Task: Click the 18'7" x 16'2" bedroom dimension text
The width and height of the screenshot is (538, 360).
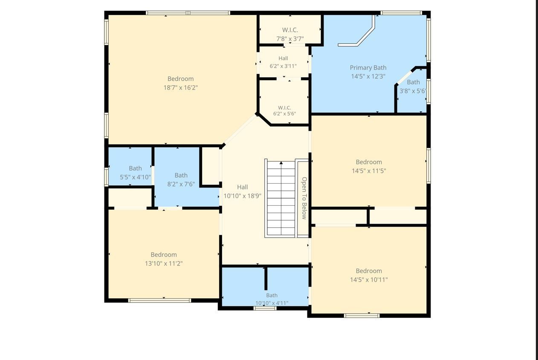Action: point(181,88)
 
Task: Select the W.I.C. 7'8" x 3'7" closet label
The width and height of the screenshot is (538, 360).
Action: point(290,35)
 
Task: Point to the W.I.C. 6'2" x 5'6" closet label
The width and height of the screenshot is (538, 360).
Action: point(285,111)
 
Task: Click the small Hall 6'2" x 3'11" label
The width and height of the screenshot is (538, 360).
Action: point(283,62)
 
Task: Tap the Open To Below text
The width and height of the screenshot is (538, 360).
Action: point(304,198)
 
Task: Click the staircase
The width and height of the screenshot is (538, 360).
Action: point(281,198)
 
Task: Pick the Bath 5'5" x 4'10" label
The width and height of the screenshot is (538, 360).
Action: point(135,173)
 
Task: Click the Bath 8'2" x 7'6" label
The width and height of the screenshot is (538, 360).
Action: point(181,180)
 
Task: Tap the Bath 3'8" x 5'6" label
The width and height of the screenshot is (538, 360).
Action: point(413,86)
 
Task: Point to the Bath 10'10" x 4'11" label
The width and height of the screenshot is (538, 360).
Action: point(272,299)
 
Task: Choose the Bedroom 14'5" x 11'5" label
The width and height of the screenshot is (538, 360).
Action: point(369,166)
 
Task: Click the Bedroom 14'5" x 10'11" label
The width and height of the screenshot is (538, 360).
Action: point(369,275)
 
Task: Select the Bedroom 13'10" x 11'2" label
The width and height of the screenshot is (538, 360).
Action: point(164,259)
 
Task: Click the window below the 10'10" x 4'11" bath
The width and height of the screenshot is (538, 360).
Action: point(265,308)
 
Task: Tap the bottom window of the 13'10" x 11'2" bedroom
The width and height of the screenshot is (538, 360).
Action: point(160,300)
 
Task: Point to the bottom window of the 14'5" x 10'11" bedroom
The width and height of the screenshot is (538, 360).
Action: point(362,316)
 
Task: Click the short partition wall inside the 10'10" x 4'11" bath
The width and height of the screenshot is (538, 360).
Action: point(266,279)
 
